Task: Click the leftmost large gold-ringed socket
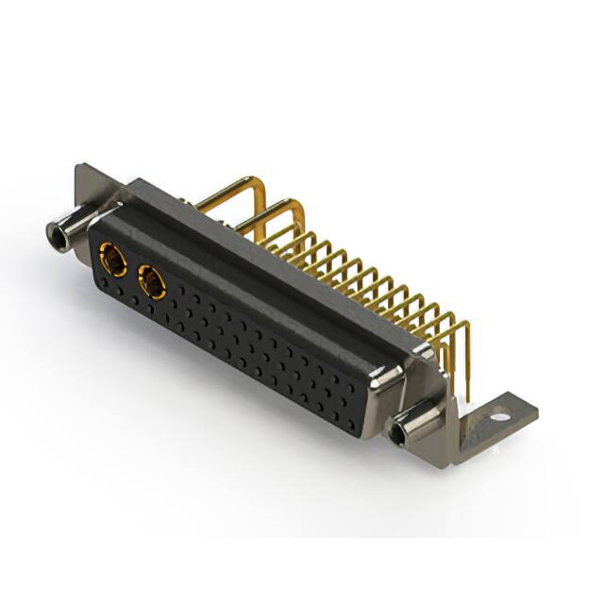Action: tap(112, 257)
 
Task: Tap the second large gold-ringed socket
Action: tap(151, 281)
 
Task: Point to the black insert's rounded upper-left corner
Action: tap(94, 226)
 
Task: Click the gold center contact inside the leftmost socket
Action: tap(112, 257)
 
